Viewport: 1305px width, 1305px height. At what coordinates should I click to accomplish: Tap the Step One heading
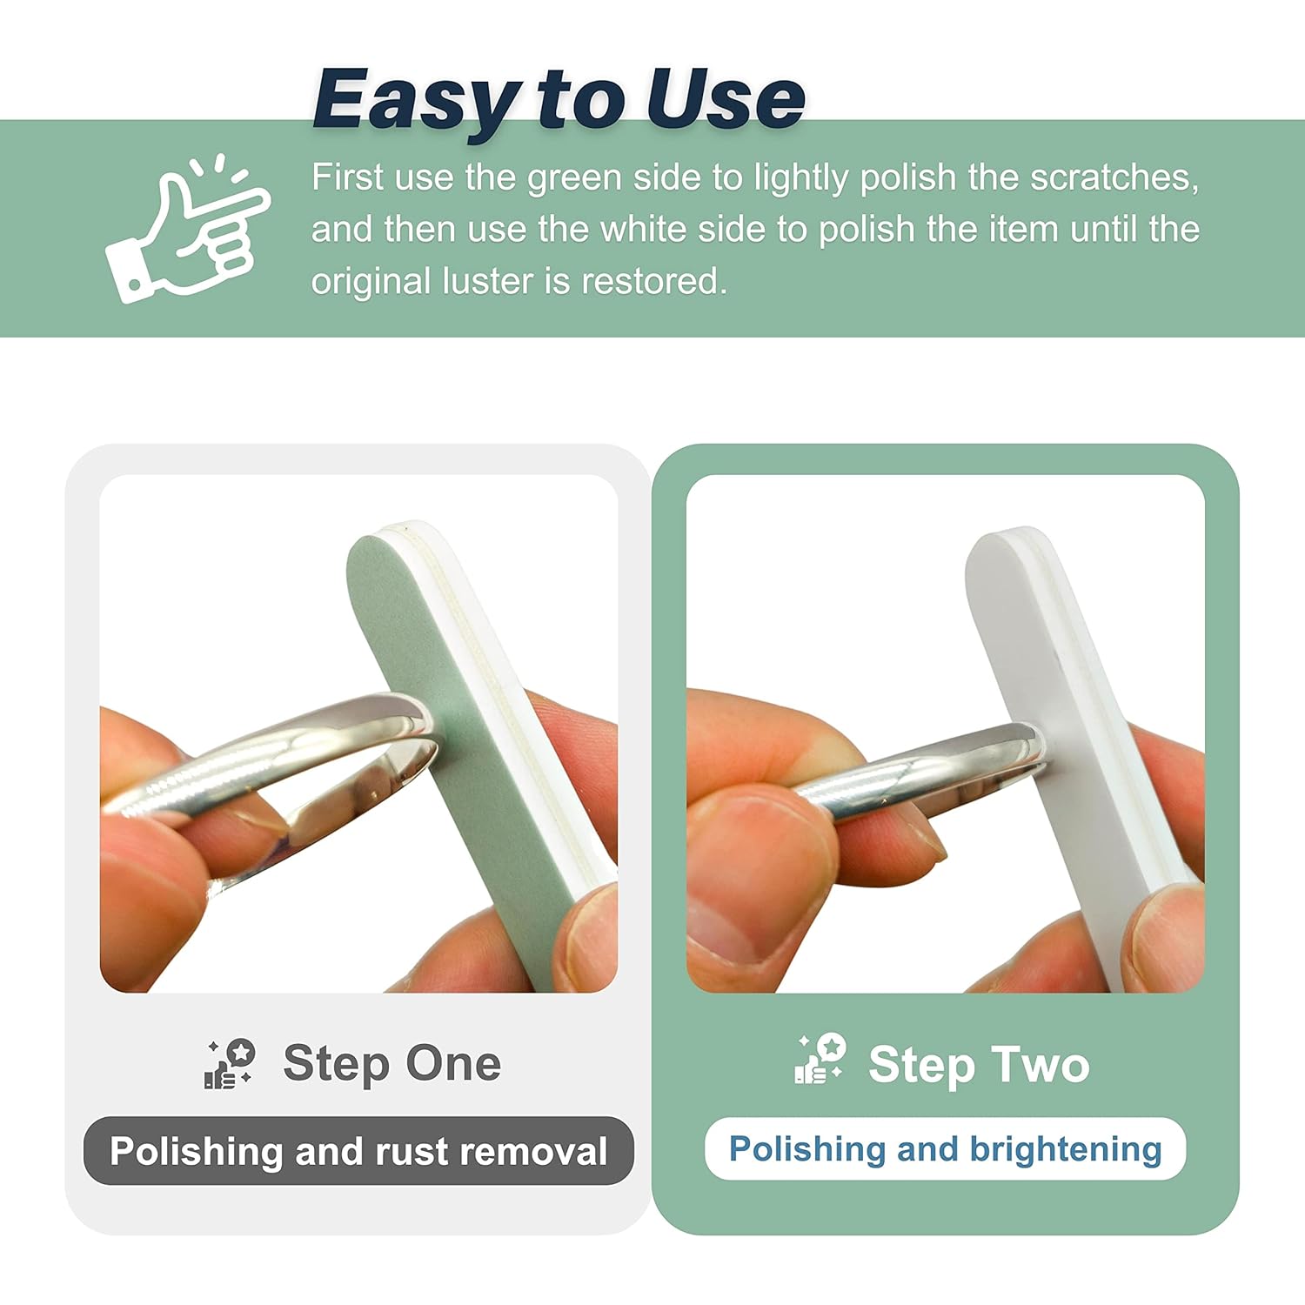[391, 1063]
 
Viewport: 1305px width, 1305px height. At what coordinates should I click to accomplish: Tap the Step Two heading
[979, 1065]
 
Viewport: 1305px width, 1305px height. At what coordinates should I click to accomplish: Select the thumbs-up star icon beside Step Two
[820, 1059]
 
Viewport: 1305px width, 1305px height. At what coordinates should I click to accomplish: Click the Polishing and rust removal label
[358, 1151]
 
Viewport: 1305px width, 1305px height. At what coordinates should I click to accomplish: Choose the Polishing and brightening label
[945, 1149]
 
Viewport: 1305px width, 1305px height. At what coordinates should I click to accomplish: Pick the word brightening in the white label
[1066, 1150]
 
